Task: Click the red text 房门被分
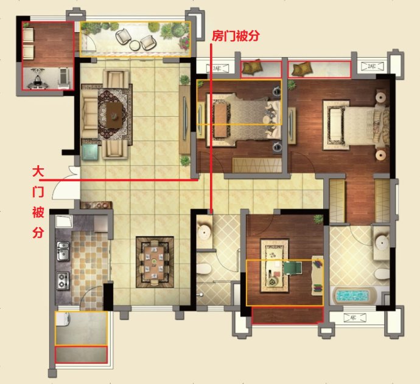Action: click(x=236, y=36)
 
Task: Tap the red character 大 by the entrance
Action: click(x=38, y=172)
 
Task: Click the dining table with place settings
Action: click(x=154, y=261)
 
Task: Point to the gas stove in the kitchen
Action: click(x=63, y=280)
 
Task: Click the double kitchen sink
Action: click(x=63, y=251)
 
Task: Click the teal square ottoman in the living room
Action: click(x=89, y=152)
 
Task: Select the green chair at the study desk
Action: click(x=293, y=268)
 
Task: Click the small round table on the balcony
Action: click(x=135, y=45)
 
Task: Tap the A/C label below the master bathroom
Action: click(x=353, y=318)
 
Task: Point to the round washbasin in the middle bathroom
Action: click(x=204, y=232)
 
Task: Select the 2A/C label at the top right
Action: click(x=372, y=66)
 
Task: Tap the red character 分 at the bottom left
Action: click(x=38, y=233)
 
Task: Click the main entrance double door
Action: click(x=66, y=182)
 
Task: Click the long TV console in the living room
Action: click(x=184, y=120)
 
